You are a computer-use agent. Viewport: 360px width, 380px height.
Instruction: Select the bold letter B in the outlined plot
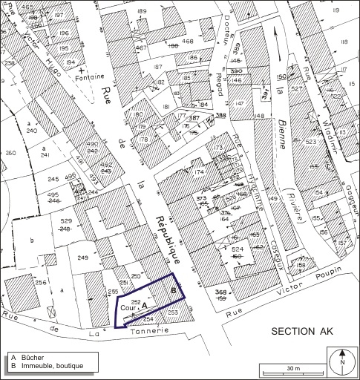coord(174,291)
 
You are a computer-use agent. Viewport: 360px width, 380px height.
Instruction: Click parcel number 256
coord(41,283)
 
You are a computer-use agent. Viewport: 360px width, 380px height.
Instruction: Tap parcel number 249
coord(83,258)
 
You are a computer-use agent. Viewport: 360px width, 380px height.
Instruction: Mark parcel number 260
coord(10,154)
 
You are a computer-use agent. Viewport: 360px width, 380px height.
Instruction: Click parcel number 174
coord(199,172)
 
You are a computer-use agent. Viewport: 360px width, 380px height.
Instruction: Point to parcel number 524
coord(258,251)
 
